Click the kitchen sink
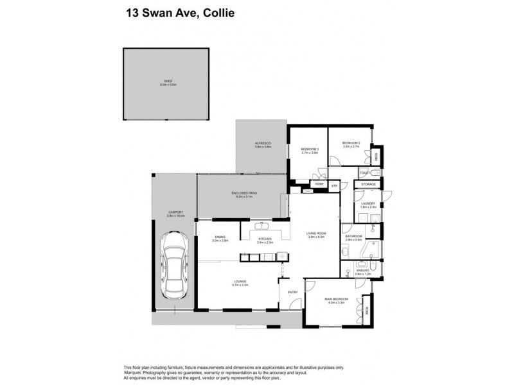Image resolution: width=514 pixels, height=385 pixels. (x=263, y=226)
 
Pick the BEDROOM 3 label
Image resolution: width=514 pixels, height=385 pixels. (x=310, y=150)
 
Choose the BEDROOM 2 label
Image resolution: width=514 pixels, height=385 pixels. (x=350, y=142)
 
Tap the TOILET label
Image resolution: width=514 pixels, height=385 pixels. (x=364, y=173)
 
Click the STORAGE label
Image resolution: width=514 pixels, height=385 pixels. (x=368, y=184)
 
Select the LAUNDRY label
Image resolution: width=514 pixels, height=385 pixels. (x=368, y=203)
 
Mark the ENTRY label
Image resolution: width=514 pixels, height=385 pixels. (x=293, y=292)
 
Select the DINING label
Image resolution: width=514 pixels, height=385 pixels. (x=220, y=237)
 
